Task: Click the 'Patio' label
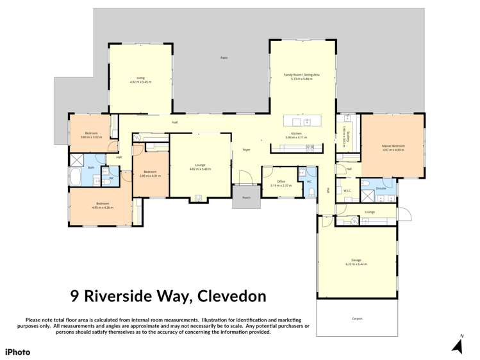[224, 58]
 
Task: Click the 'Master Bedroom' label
[393, 145]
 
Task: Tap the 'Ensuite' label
[381, 188]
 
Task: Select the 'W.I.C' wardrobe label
[347, 190]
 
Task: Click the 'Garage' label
[356, 260]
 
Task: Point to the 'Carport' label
[357, 318]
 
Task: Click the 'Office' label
[281, 181]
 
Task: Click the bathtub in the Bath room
[74, 178]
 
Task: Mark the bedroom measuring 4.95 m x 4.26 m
[102, 206]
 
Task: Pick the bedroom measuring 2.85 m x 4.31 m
[150, 174]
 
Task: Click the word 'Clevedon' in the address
[231, 296]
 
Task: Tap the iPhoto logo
[18, 352]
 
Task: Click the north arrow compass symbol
[458, 346]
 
